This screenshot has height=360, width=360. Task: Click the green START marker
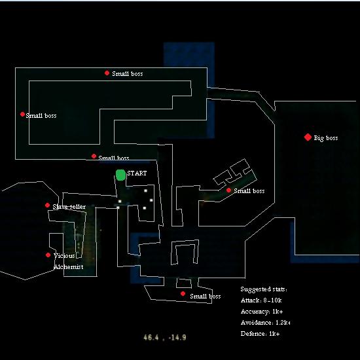click(x=120, y=175)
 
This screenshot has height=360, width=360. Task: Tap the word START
click(x=137, y=173)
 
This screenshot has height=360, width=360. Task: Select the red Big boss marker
click(x=308, y=137)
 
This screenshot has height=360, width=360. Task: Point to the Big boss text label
click(x=326, y=138)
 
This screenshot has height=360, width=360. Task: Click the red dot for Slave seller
click(x=47, y=205)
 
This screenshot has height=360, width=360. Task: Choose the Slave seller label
click(x=69, y=207)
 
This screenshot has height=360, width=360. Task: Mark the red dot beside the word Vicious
click(x=48, y=255)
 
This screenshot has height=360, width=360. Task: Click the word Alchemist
click(x=69, y=267)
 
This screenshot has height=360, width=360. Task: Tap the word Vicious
click(x=64, y=256)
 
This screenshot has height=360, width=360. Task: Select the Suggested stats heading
click(x=264, y=289)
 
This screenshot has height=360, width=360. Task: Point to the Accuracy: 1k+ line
click(x=262, y=312)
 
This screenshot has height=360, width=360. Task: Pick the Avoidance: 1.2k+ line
click(x=265, y=323)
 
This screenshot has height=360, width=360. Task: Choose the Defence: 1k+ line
click(x=260, y=334)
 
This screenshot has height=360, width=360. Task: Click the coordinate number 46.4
click(x=151, y=337)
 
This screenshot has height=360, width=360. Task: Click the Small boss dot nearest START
click(x=94, y=156)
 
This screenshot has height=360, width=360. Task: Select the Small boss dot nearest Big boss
click(x=228, y=190)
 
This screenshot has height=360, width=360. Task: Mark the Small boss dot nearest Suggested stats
click(x=183, y=294)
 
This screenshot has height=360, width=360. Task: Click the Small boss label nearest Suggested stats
click(x=206, y=296)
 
